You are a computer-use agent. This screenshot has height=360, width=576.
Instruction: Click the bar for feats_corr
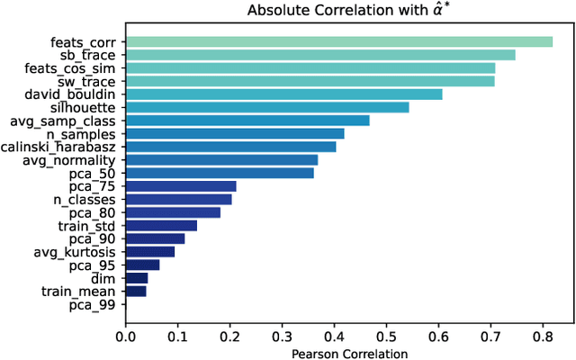[x=338, y=41]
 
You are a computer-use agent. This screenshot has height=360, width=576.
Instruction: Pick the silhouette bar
[x=267, y=107]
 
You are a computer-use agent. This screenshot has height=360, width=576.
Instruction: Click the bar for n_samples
[x=235, y=133]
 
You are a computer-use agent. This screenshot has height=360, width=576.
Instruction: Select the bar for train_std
[x=161, y=225]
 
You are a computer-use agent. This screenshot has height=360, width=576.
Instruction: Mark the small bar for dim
[x=137, y=278]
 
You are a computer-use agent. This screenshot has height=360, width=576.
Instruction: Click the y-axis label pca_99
[x=94, y=305]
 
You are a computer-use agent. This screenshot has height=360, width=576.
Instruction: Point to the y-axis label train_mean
[x=78, y=292]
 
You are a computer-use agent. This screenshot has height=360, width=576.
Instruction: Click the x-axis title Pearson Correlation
[x=350, y=353]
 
